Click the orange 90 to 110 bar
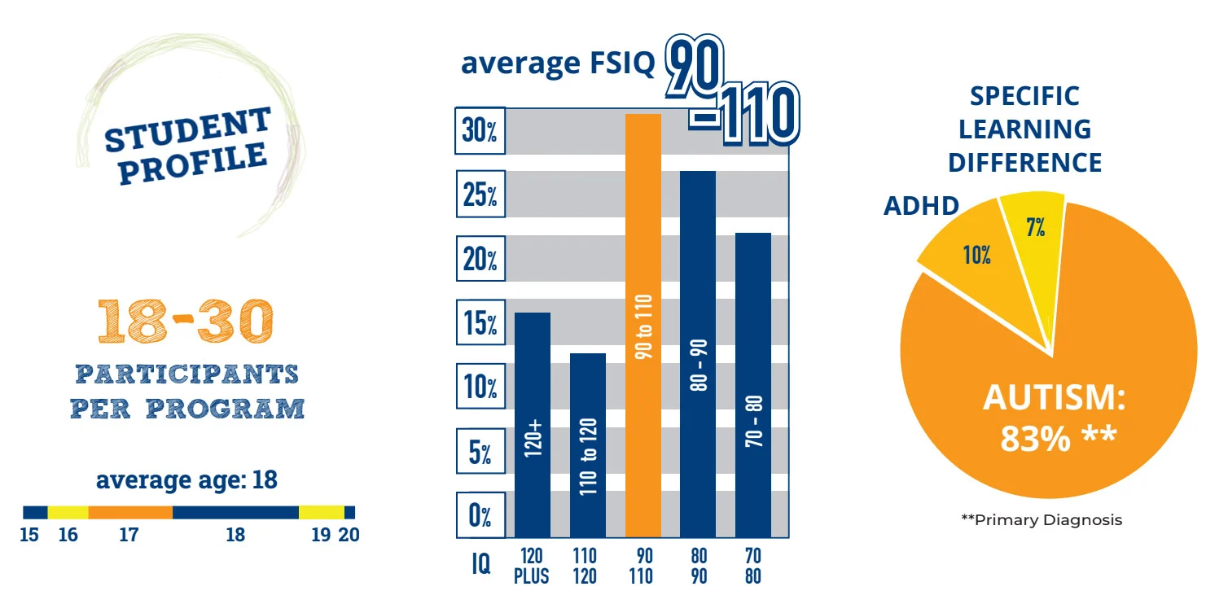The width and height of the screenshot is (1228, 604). coord(643,326)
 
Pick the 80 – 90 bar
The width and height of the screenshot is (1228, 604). coord(698,354)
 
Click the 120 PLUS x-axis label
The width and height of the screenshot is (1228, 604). coord(532,566)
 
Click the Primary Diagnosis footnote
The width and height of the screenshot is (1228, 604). coord(1041,520)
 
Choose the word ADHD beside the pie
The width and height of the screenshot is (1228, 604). coord(921,206)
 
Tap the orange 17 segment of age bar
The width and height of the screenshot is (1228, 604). coord(129,513)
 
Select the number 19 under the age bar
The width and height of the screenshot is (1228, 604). coord(321,535)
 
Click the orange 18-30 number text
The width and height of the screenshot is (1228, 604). coord(185,322)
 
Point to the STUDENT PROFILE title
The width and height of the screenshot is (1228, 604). coord(186,145)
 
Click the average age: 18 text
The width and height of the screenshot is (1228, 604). coord(186,479)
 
